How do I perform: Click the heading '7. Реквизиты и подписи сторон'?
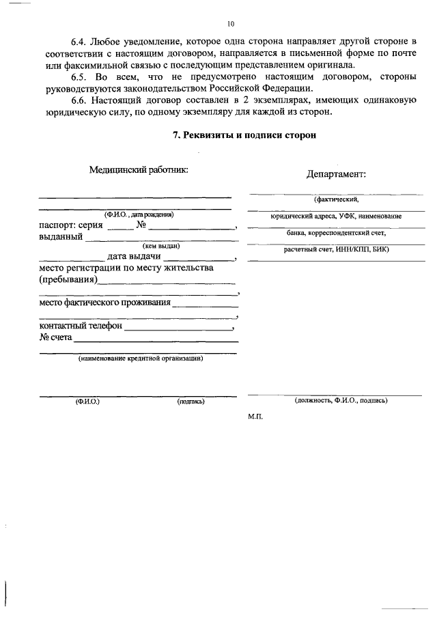244,136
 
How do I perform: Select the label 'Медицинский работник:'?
138,170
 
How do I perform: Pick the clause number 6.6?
81,101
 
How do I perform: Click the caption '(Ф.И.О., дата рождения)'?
139,214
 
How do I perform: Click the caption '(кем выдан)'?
161,247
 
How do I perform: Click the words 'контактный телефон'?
81,326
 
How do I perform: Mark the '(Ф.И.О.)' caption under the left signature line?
87,402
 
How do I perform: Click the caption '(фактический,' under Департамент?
336,200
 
